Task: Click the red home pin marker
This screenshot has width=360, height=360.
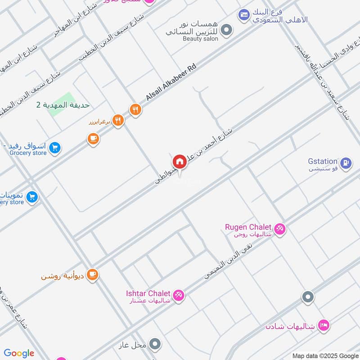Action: pyautogui.click(x=179, y=162)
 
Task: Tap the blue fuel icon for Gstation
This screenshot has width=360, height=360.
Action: pyautogui.click(x=345, y=163)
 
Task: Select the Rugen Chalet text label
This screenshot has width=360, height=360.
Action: pyautogui.click(x=248, y=227)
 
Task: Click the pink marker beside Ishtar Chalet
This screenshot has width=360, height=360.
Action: pyautogui.click(x=178, y=295)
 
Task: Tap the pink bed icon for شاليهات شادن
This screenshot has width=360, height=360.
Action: pyautogui.click(x=323, y=324)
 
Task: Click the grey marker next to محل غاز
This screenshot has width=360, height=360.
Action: pyautogui.click(x=155, y=345)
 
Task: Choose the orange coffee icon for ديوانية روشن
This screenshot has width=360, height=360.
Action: pyautogui.click(x=92, y=274)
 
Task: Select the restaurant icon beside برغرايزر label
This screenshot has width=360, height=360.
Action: pyautogui.click(x=118, y=120)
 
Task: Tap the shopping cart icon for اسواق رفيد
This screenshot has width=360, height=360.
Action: pyautogui.click(x=54, y=147)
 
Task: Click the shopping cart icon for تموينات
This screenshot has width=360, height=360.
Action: pyautogui.click(x=31, y=196)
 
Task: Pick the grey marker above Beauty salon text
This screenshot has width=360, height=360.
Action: pyautogui.click(x=228, y=30)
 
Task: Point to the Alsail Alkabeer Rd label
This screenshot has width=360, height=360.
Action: pyautogui.click(x=171, y=82)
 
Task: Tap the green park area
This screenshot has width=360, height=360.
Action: pyautogui.click(x=62, y=104)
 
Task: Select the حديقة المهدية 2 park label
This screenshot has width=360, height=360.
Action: pyautogui.click(x=63, y=105)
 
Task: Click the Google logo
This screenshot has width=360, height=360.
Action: pyautogui.click(x=19, y=353)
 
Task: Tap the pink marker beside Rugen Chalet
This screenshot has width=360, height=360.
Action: pyautogui.click(x=279, y=229)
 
